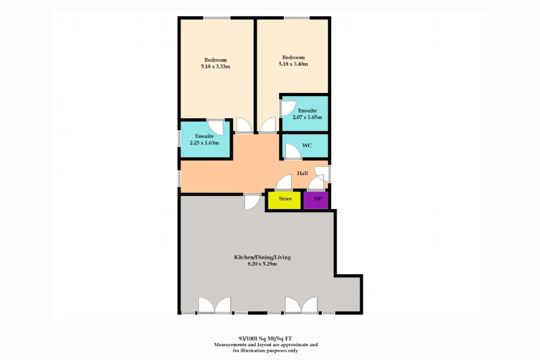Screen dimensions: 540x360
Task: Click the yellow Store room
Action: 284,200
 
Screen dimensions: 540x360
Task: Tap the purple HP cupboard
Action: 316,200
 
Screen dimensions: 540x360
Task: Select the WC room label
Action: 307,146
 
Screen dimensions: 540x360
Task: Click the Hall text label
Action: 302,173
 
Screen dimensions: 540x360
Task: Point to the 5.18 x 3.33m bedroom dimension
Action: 216,67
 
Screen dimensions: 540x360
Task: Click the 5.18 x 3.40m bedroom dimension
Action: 293,64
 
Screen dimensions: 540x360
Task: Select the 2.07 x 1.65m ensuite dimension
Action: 307,117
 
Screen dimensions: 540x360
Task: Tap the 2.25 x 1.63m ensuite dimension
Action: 204,143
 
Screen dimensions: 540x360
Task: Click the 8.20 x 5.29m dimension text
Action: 262,264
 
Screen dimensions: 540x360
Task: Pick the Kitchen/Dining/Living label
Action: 262,257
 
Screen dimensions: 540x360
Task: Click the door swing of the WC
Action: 293,152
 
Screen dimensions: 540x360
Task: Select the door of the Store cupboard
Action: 284,182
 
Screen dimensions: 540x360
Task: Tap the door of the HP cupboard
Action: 316,183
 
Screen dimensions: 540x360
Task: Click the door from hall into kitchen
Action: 252,202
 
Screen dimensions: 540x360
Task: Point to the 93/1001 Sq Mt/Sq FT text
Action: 265,338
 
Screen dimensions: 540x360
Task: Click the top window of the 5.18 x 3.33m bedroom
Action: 216,18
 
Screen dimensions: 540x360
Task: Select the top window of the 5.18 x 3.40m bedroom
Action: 297,18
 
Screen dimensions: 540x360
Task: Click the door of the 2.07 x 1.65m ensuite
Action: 288,108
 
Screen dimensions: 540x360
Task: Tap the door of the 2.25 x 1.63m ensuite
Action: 216,127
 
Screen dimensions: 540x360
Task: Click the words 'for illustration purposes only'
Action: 265,351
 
